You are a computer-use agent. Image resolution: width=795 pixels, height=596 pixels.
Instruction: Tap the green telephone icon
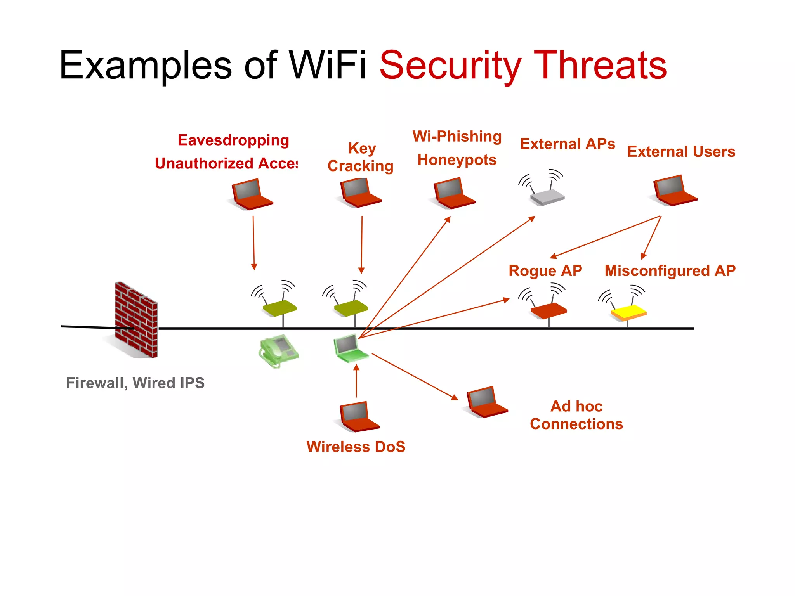pos(278,350)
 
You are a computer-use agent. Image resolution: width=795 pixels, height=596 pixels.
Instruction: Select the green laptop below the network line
pos(350,348)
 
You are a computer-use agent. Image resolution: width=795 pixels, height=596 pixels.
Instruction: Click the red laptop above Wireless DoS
pos(358,417)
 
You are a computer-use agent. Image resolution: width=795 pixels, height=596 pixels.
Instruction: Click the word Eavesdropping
pos(233,140)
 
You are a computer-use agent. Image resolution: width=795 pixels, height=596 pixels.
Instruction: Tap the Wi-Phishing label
pos(457,137)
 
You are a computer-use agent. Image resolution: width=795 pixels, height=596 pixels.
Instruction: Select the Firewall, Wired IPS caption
pos(135,383)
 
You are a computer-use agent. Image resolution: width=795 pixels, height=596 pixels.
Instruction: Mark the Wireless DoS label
pos(356,447)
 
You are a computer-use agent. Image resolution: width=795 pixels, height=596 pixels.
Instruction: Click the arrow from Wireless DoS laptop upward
pos(356,382)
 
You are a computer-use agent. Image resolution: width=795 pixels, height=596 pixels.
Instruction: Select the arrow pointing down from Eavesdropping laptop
pos(253,243)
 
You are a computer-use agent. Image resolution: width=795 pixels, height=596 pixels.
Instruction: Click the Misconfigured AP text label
pos(670,270)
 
